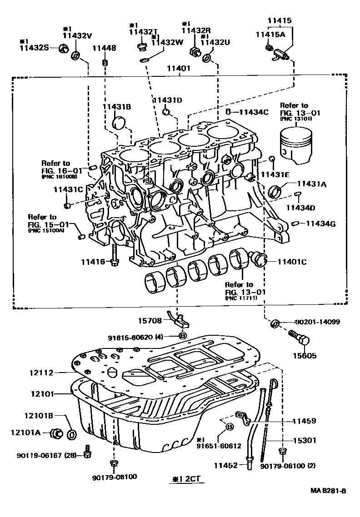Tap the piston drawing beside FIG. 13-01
click(x=296, y=144)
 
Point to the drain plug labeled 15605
click(x=300, y=339)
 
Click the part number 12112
click(x=40, y=373)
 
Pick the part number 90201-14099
click(x=317, y=322)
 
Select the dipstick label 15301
click(x=304, y=440)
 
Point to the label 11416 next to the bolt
click(x=93, y=261)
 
